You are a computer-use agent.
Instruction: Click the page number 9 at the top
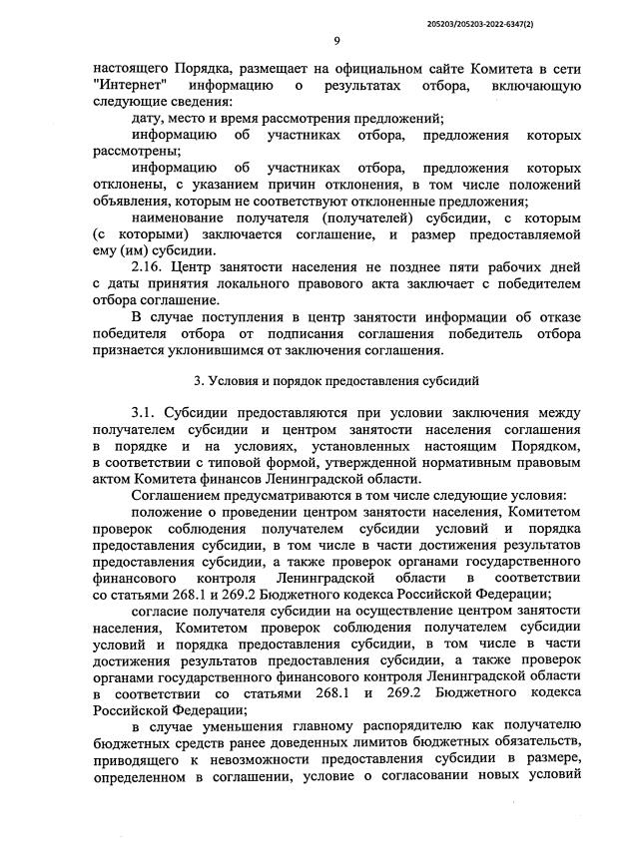coord(336,40)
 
